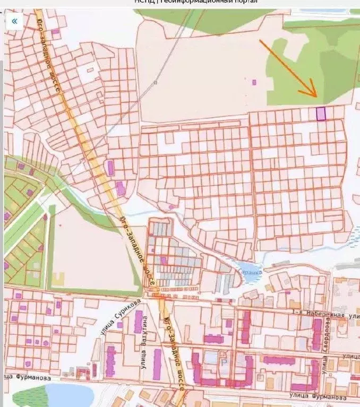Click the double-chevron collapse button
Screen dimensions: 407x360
pos(14,21)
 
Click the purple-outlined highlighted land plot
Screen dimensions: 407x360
pos(321,114)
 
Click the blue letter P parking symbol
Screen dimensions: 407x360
pos(224,361)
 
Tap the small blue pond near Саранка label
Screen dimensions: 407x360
pos(246,267)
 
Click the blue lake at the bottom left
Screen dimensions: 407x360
pos(69,395)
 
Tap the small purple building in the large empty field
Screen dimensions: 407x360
pos(254,82)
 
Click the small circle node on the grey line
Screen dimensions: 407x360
pos(156,83)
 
